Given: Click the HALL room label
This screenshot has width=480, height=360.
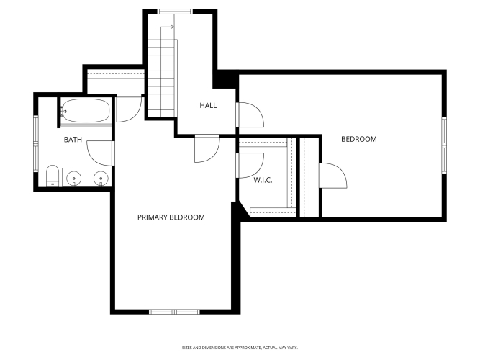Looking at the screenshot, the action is [x=208, y=105].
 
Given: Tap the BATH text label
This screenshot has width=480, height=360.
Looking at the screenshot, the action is [x=73, y=140].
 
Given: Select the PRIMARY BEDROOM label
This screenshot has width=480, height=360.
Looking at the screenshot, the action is [x=171, y=217].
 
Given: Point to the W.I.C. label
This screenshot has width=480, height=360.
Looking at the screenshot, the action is [x=263, y=180].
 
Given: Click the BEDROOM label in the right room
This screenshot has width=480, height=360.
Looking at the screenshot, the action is [x=359, y=139].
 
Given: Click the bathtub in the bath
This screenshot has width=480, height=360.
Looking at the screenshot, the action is [x=86, y=110].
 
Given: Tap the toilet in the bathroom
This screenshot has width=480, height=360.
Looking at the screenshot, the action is [x=53, y=176].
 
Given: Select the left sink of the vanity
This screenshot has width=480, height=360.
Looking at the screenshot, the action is [x=74, y=178].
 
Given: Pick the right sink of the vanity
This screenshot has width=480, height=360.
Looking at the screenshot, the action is [x=101, y=178].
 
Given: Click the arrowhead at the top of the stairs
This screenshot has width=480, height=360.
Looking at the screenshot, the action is [x=172, y=27].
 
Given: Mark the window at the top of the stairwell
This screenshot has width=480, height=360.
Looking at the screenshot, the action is [x=175, y=12].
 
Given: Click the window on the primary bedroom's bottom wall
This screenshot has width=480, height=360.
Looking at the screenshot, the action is [x=174, y=312].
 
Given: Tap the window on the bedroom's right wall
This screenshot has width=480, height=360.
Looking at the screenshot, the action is [x=444, y=145].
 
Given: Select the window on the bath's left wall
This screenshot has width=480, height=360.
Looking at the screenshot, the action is [x=36, y=143].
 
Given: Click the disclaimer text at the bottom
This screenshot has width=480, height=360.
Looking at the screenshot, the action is [x=240, y=348].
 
